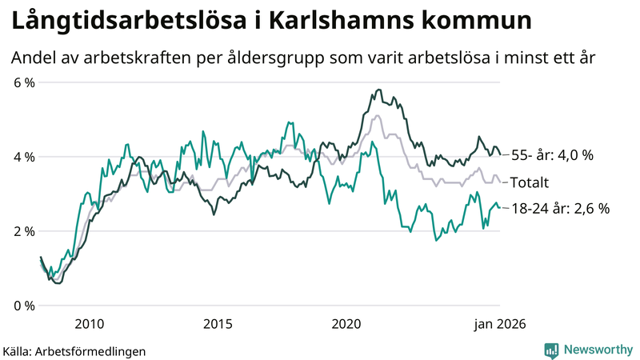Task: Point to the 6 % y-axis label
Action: [x=23, y=82]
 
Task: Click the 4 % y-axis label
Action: [x=23, y=157]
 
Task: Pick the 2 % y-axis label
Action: [x=23, y=231]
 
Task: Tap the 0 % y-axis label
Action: [x=23, y=306]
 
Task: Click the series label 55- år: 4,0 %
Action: [x=552, y=155]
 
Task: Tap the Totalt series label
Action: [x=531, y=181]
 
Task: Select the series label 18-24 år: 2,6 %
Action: [x=560, y=209]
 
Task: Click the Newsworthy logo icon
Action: [x=551, y=350]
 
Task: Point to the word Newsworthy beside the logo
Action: [x=598, y=350]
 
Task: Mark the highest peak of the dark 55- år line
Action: [x=378, y=90]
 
